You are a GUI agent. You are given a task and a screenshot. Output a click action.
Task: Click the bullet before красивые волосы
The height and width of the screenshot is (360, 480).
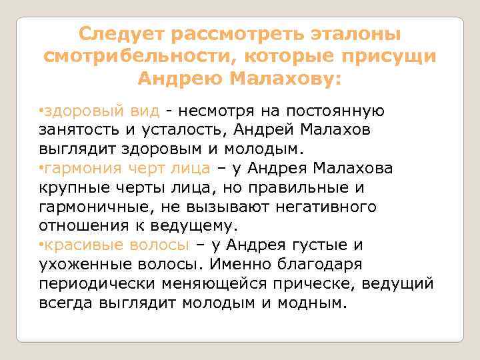click(41, 245)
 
